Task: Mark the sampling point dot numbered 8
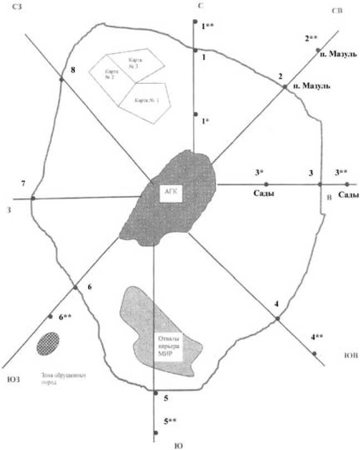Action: [61, 80]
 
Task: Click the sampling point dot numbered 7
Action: [33, 198]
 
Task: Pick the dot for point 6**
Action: [50, 317]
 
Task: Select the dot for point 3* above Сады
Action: [266, 185]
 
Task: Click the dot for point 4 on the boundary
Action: [277, 319]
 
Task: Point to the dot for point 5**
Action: [156, 433]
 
